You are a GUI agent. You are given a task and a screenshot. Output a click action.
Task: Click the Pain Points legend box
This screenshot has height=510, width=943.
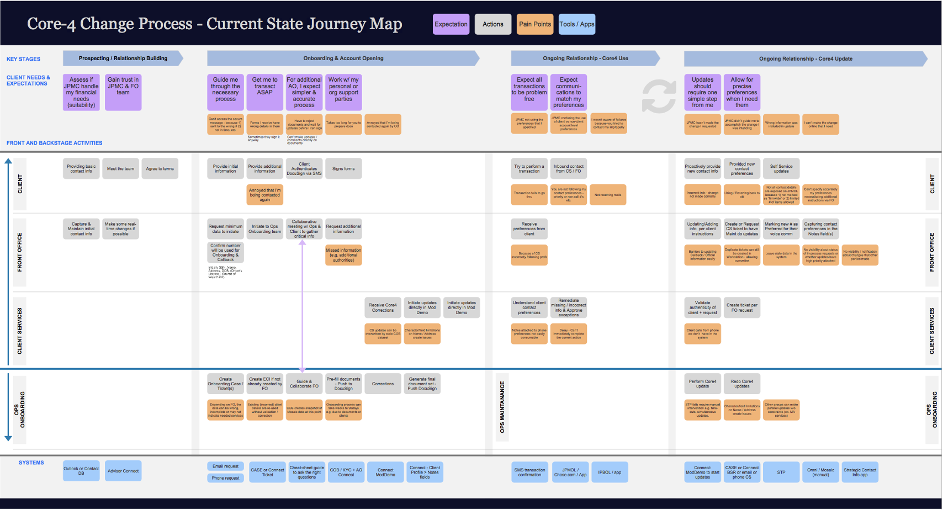tap(534, 24)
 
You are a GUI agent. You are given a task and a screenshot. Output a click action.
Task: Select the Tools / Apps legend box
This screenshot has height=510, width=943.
tap(576, 24)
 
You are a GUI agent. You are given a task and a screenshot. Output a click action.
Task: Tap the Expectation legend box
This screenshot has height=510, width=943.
tap(451, 24)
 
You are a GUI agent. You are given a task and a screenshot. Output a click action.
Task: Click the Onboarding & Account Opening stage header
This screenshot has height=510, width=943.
tap(343, 59)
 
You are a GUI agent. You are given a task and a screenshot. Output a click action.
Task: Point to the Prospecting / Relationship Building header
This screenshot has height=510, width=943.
tap(123, 59)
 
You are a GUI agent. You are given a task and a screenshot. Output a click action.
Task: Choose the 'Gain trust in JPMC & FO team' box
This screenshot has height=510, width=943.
tap(123, 92)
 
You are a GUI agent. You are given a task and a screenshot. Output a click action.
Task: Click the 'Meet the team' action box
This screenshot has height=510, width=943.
tap(120, 169)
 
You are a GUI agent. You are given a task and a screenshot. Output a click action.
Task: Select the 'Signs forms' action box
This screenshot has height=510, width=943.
tap(343, 169)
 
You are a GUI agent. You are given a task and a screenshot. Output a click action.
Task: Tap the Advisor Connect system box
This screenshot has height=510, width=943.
tap(123, 471)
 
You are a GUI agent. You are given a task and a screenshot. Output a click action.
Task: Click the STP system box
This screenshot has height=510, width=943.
tap(781, 472)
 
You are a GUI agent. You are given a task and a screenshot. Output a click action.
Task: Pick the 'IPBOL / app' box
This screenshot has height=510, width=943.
tap(610, 472)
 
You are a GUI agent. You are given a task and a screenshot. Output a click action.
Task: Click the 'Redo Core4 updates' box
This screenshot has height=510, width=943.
tap(742, 384)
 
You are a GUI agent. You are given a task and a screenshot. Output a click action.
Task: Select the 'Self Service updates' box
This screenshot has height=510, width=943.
tap(781, 168)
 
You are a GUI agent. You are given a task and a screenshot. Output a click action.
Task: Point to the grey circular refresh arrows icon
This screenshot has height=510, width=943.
tap(659, 96)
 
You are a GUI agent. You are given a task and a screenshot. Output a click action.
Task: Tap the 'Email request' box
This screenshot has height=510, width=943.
tap(225, 466)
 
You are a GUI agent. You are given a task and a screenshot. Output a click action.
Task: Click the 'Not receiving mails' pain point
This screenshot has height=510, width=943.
tap(608, 195)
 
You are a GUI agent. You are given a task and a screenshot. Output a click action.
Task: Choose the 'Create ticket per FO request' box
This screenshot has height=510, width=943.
tap(742, 307)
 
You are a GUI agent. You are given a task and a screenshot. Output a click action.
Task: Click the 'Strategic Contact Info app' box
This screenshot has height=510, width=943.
tap(860, 472)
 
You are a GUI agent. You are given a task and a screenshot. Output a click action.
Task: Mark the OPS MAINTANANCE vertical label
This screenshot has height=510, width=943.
tap(502, 407)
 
